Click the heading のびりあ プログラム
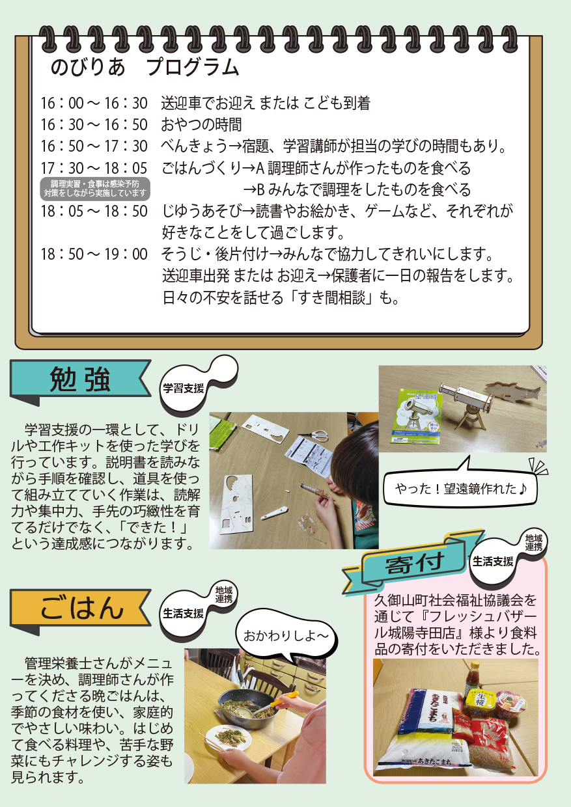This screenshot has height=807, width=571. click(x=145, y=68)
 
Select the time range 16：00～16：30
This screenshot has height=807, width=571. click(x=94, y=103)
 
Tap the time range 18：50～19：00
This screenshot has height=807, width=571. click(x=94, y=254)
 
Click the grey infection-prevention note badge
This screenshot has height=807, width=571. click(x=95, y=189)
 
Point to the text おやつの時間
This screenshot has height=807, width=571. click(x=201, y=125)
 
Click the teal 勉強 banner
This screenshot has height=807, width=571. click(x=80, y=381)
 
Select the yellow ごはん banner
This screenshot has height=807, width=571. click(x=80, y=609)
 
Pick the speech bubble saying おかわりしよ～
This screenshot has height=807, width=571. click(x=286, y=636)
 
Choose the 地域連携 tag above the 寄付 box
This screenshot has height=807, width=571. click(x=533, y=543)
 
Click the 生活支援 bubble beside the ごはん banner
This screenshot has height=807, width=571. click(x=184, y=613)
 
